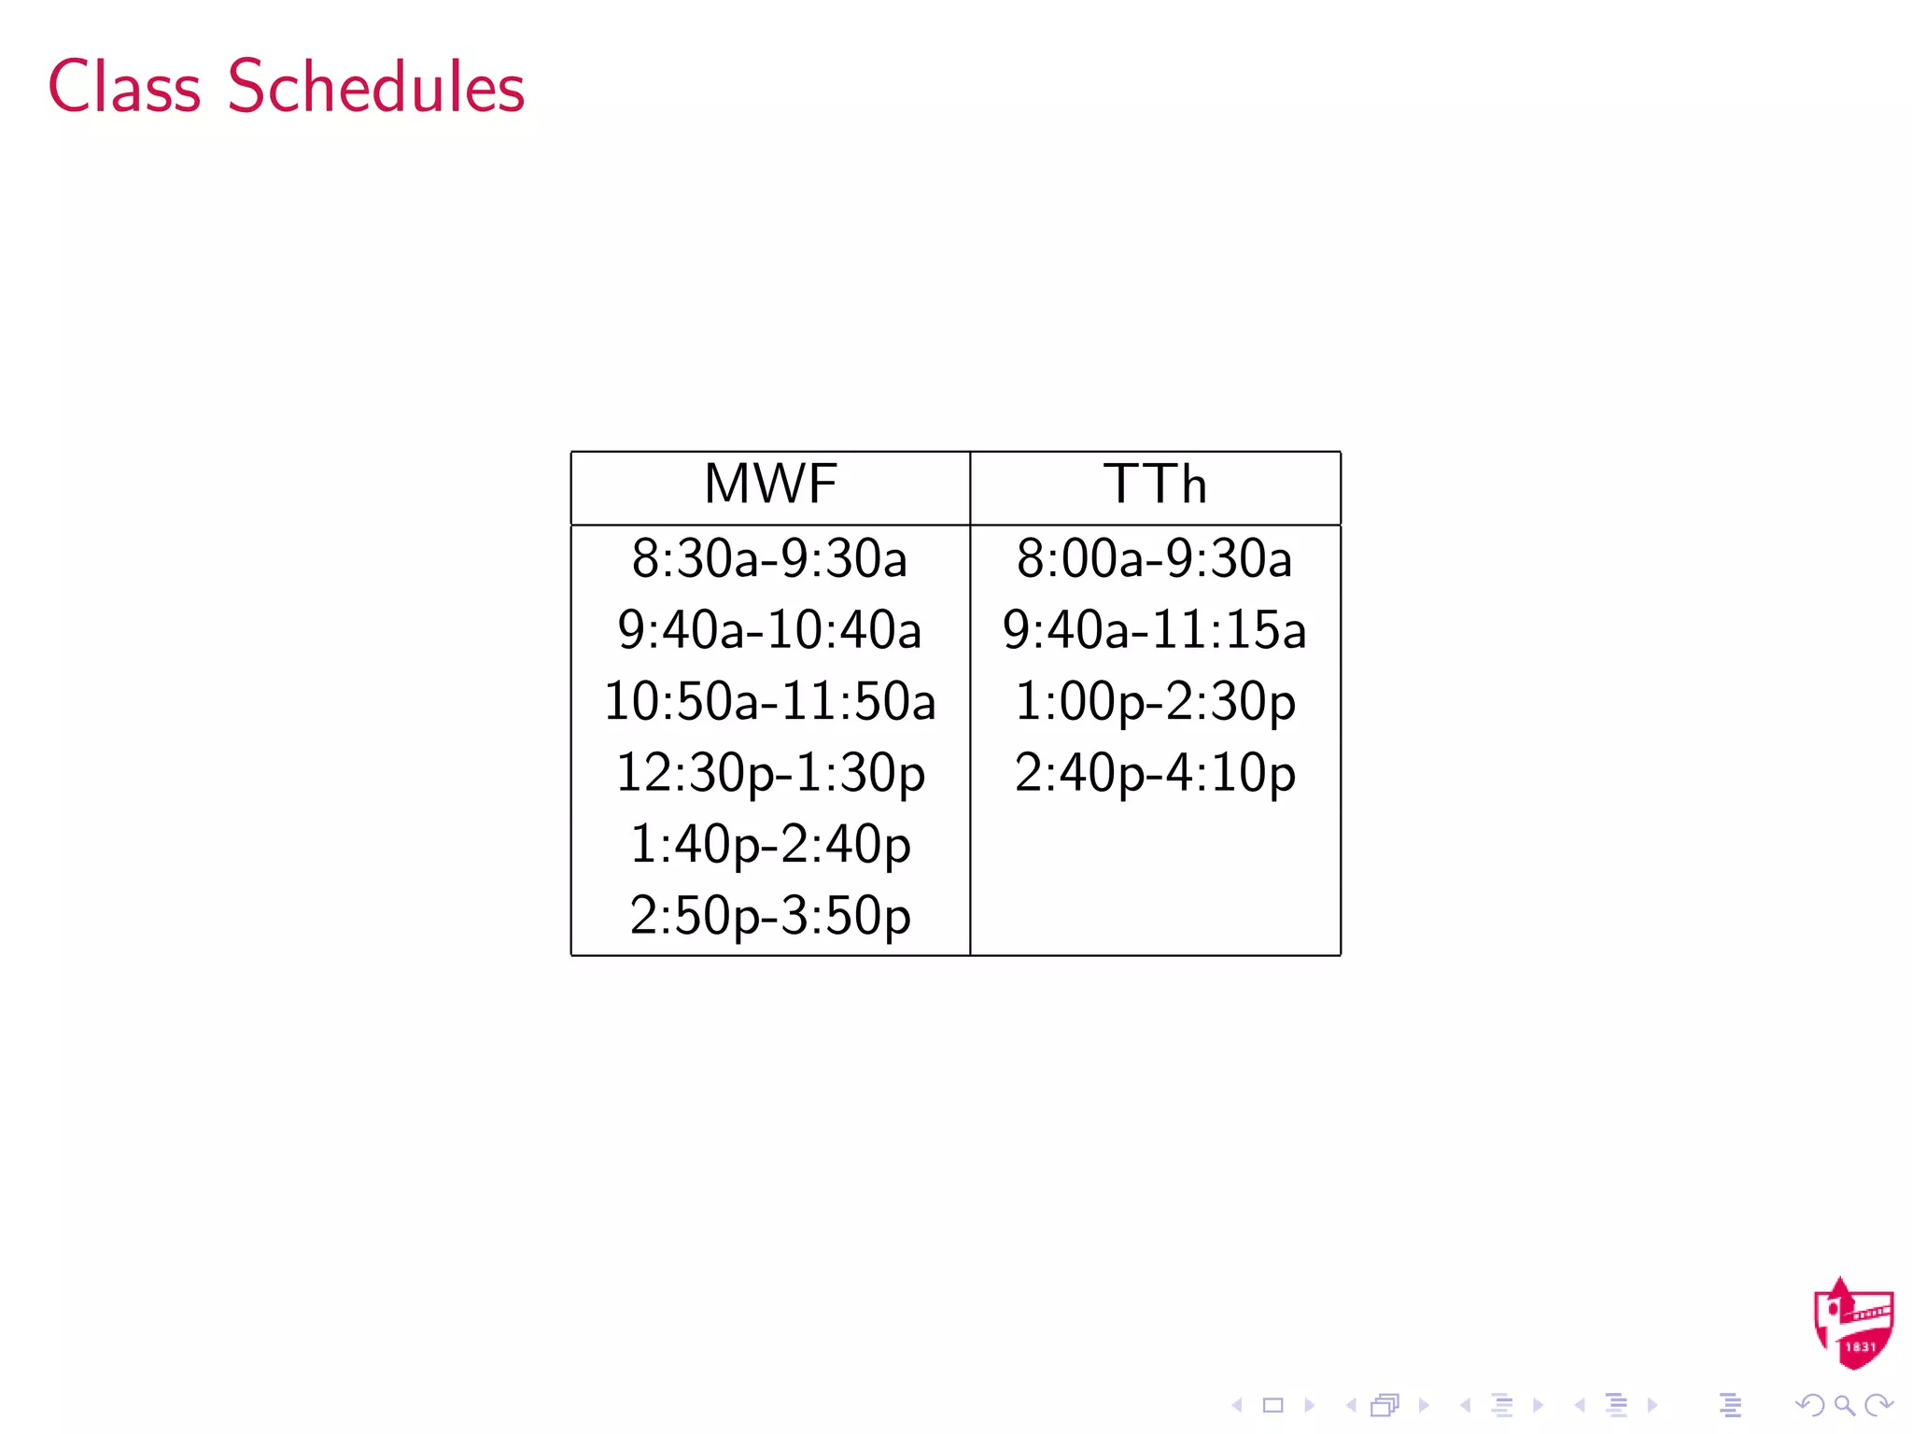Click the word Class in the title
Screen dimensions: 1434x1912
124,87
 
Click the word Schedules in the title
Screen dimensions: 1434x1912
376,87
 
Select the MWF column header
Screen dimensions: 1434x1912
770,485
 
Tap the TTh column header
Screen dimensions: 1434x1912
1155,485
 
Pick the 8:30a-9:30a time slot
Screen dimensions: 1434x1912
769,558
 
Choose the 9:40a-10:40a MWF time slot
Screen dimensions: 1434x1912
769,630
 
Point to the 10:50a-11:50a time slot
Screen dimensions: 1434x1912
769,701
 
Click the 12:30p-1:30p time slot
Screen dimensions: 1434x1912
769,773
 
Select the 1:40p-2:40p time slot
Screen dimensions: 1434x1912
769,844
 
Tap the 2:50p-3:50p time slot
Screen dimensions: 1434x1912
769,916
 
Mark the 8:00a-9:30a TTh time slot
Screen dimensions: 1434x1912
1154,558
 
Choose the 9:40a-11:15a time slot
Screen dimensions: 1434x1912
1154,630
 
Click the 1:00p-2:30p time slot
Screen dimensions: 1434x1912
1155,701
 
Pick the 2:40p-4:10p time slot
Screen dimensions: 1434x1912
1155,773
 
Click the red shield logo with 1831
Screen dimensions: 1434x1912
1852,1325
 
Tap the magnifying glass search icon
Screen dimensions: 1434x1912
1844,1405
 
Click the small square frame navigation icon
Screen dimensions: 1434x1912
1272,1405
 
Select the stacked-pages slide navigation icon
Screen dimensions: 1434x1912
1385,1405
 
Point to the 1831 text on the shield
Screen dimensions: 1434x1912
1860,1347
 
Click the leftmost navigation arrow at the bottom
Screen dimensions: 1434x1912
1237,1405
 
